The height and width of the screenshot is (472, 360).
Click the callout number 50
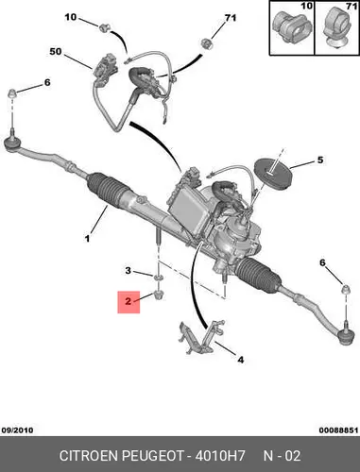[x=56, y=51]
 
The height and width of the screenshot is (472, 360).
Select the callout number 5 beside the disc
[x=320, y=160]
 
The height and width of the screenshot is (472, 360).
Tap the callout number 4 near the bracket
[x=240, y=360]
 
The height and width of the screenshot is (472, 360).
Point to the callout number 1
[x=87, y=239]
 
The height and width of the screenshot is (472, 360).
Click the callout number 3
[x=128, y=270]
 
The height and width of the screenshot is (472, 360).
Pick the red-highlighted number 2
[x=128, y=301]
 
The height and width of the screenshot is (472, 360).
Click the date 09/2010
[x=17, y=430]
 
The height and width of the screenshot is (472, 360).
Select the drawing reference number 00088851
[x=338, y=430]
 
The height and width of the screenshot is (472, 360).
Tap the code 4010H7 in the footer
[x=220, y=456]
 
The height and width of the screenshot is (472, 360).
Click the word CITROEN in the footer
[x=89, y=456]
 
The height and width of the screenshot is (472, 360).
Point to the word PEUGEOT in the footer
[x=153, y=456]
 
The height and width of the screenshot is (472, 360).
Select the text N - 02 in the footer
[x=282, y=456]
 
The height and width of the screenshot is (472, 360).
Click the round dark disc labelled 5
[x=273, y=174]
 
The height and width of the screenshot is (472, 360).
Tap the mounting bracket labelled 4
[x=201, y=337]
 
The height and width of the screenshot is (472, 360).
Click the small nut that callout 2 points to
[x=158, y=295]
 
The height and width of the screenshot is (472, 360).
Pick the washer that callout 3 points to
[x=158, y=278]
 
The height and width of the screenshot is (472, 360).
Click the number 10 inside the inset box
[x=306, y=6]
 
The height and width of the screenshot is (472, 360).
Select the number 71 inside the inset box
[x=351, y=6]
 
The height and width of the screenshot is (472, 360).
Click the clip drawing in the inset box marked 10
[x=292, y=27]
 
